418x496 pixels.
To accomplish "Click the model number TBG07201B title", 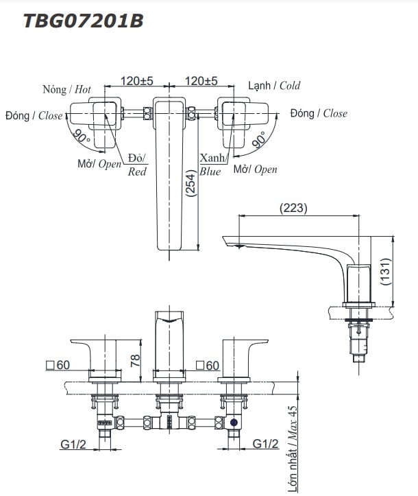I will point(83,21).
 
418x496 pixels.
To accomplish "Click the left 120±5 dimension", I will point(137,81).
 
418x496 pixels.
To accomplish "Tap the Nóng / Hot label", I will point(66,89).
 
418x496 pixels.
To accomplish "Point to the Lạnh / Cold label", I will point(274,86).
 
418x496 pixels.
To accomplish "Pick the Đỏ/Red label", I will point(137,165).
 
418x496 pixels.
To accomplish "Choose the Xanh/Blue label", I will point(210,165).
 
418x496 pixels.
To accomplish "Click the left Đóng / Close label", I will point(34,115).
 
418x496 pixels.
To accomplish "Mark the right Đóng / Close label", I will point(318,113).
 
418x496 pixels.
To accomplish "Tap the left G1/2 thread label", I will point(73,445).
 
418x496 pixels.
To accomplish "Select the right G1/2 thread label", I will point(265,445).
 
